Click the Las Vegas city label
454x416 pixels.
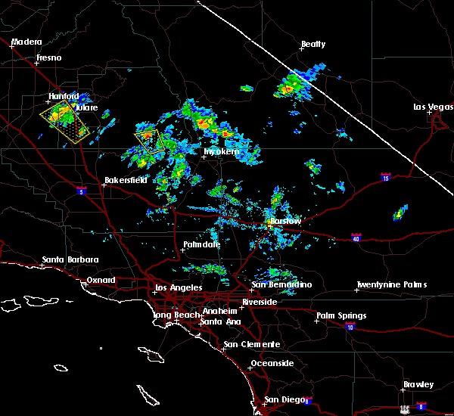click(x=433, y=107)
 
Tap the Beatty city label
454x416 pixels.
click(x=313, y=45)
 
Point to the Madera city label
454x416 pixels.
click(x=26, y=42)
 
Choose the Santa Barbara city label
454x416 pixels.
click(x=70, y=259)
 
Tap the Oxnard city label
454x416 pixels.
click(x=100, y=280)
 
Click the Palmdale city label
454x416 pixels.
click(x=201, y=245)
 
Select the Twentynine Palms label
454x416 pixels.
click(x=391, y=285)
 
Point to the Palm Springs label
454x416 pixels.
click(x=341, y=315)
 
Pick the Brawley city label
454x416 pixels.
click(x=418, y=384)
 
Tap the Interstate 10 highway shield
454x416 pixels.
click(x=350, y=327)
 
